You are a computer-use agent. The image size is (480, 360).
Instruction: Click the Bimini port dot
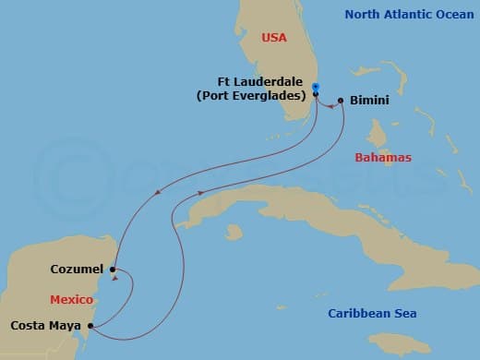pos(341,100)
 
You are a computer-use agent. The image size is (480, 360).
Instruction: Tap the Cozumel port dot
pos(112,270)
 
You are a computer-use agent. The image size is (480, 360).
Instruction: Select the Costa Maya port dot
pos(89,326)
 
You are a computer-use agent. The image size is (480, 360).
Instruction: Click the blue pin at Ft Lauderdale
pos(316,87)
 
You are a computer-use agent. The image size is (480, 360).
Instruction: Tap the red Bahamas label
pos(383,158)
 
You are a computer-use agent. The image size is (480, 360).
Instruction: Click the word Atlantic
pos(414,14)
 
